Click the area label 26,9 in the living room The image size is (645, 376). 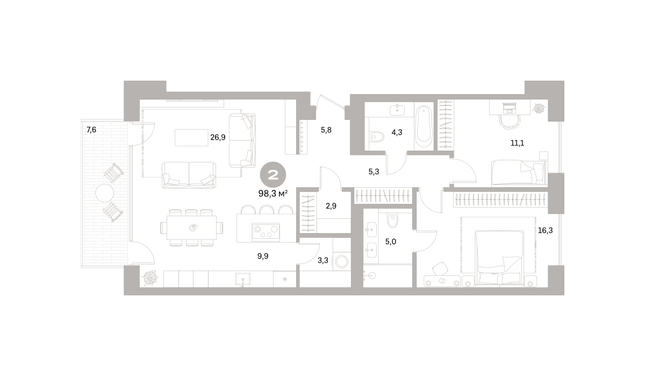218,137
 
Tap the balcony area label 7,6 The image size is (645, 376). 91,130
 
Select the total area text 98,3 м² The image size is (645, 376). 273,194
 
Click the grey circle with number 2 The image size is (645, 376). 273,175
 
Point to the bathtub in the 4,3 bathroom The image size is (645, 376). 424,127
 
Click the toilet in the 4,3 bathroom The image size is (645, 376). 376,137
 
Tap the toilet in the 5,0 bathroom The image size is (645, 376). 392,221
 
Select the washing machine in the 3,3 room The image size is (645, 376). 342,262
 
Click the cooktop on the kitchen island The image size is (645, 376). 266,232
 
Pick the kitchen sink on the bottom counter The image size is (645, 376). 243,279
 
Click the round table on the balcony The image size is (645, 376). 104,193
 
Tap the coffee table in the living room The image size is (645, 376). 191,138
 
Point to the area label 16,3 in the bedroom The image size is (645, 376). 545,231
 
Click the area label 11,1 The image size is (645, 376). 517,143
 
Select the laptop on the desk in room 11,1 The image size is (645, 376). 510,108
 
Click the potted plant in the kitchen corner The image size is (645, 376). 150,278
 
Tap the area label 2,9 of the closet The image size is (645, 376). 331,206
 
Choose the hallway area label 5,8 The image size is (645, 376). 326,130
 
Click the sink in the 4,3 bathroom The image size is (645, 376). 397,110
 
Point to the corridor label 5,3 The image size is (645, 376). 374,172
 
